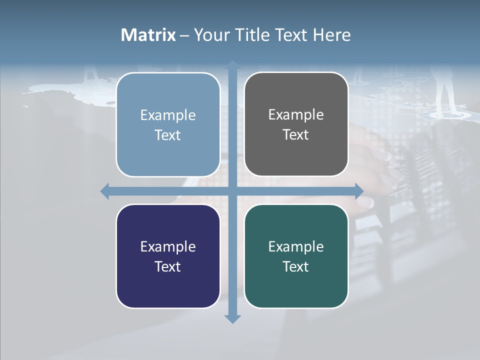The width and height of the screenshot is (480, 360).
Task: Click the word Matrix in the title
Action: point(148,35)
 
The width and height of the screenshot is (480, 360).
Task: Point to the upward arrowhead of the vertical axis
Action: point(232,65)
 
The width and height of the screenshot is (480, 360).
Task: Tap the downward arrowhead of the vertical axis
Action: point(232,318)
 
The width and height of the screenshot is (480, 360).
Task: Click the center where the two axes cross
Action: point(232,191)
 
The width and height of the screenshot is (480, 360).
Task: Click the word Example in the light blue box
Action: point(168,115)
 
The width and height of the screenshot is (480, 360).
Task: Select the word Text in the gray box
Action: point(296,134)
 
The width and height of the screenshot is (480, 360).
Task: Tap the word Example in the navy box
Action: point(168,246)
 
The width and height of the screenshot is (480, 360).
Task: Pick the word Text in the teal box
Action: point(296,266)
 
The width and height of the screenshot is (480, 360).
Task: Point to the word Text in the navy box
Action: point(168,266)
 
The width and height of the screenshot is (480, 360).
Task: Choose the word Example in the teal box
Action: point(296,246)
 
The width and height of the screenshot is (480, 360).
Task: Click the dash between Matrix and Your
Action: point(184,35)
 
